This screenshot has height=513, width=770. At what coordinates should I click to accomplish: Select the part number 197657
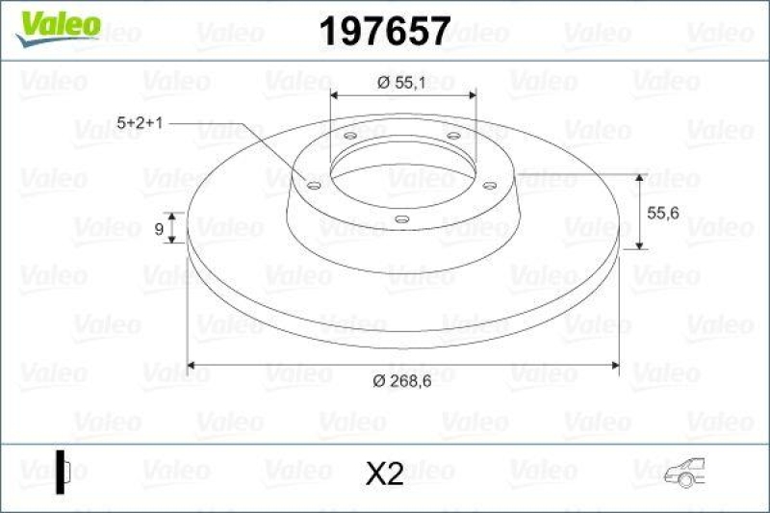tap(384, 32)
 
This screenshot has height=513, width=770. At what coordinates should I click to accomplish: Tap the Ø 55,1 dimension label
tap(403, 83)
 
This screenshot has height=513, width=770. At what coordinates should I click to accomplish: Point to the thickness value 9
tap(158, 229)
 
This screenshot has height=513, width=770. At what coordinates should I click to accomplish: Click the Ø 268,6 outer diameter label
tap(403, 381)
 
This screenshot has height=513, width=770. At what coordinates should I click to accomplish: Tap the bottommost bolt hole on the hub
tap(401, 220)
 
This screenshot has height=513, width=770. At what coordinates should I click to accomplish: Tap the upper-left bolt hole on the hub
tap(348, 137)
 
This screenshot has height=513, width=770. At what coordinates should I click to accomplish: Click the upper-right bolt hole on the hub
tap(452, 137)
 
